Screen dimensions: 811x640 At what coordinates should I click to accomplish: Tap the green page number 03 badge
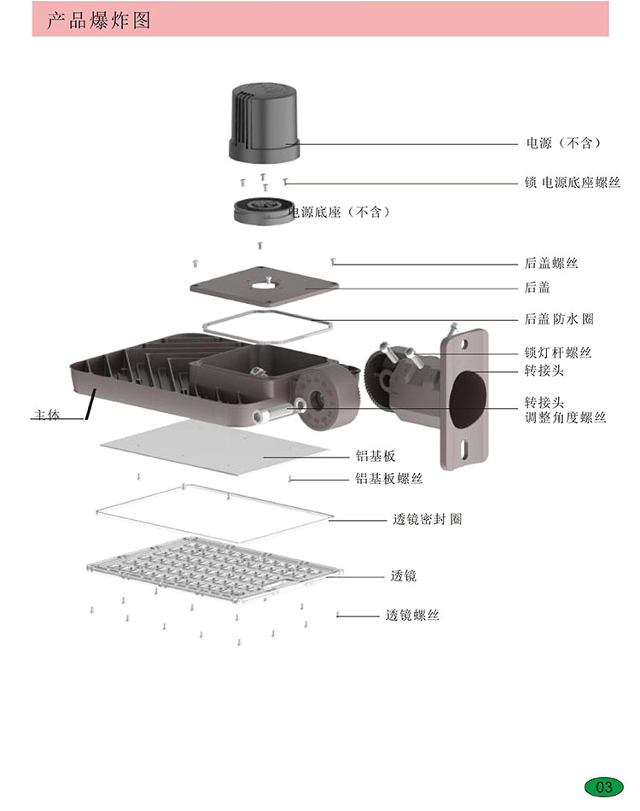click(x=604, y=786)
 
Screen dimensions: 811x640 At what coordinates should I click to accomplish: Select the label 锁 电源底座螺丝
click(x=572, y=183)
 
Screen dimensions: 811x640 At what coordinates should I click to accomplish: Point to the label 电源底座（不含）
click(x=339, y=212)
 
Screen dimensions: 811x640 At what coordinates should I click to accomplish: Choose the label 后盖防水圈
click(x=558, y=319)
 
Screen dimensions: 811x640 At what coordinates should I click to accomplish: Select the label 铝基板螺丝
click(x=388, y=479)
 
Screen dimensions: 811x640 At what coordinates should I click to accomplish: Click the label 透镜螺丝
click(x=413, y=615)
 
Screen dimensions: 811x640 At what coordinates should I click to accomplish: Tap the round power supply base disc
click(x=264, y=210)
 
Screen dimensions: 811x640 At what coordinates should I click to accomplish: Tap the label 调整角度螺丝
click(x=564, y=417)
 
